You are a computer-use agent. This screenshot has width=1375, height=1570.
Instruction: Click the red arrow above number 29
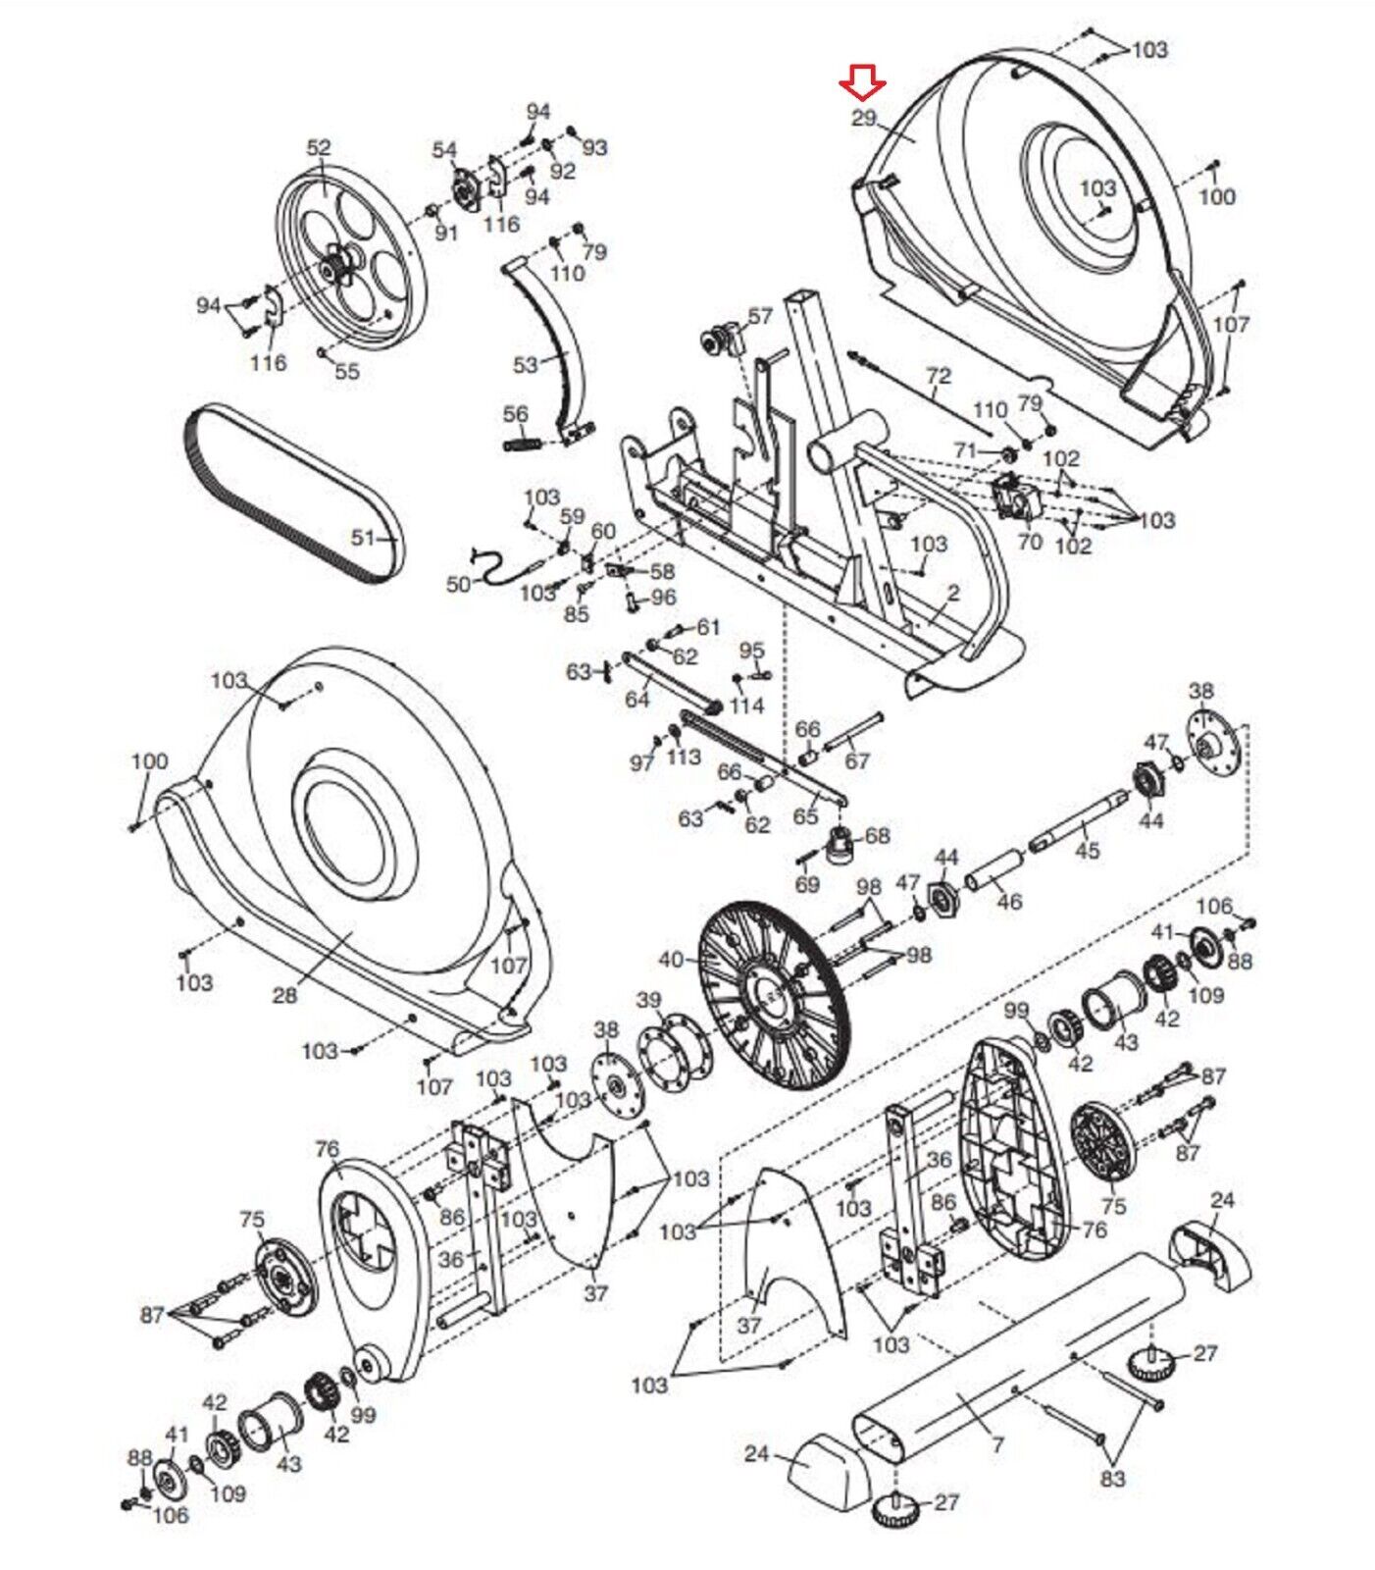[863, 82]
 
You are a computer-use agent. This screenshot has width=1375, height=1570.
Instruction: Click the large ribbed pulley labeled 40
[775, 991]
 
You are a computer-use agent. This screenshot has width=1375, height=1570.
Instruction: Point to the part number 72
[939, 375]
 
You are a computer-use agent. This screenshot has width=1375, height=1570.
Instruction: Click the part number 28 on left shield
[284, 996]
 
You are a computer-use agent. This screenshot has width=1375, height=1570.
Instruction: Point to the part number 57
[760, 316]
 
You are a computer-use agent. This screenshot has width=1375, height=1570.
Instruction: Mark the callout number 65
[804, 816]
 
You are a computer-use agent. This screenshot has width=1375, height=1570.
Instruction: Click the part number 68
[878, 835]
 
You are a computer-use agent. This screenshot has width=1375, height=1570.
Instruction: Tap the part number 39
[649, 1000]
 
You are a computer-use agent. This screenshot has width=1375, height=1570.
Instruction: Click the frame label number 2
[954, 593]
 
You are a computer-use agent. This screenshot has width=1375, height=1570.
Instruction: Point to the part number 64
[637, 700]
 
